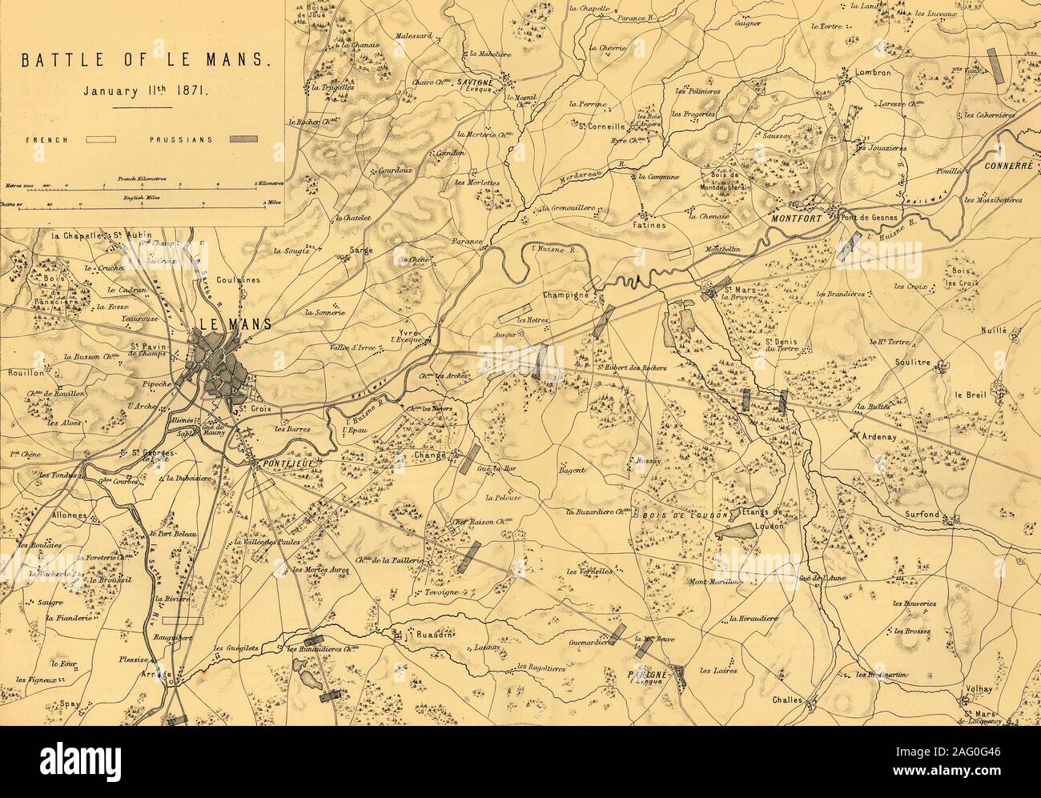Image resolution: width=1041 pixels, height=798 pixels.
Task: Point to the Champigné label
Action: coord(566,295)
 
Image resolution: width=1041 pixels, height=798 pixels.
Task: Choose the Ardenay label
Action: coord(876,437)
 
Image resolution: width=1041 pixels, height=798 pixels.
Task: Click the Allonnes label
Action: coord(67,515)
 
